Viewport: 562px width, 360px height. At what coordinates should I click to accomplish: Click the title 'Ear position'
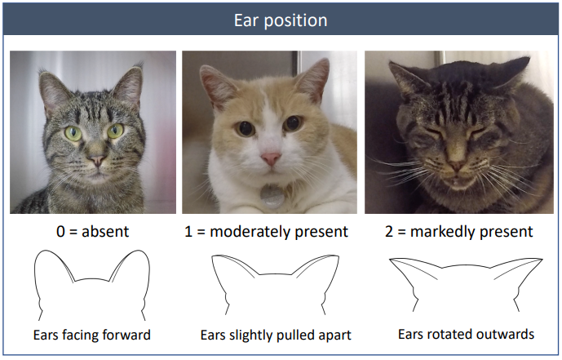(x=281, y=18)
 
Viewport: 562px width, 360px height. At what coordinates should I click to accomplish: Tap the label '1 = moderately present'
(x=267, y=232)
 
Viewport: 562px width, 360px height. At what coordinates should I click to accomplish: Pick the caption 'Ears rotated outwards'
(x=466, y=334)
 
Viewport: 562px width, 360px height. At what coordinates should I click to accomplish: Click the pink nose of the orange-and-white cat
(x=271, y=157)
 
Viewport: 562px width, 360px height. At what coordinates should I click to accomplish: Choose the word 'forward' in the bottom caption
(x=127, y=335)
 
